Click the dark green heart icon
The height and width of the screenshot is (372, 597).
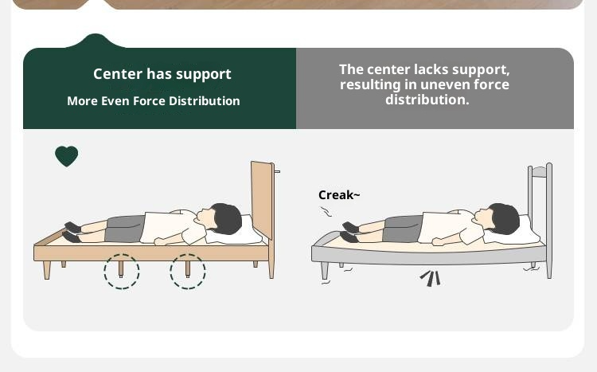[67, 156]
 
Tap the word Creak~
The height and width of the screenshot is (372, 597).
[339, 195]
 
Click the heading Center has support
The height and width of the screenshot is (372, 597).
[162, 74]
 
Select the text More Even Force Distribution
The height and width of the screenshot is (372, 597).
[154, 101]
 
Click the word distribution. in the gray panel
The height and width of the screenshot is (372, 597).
[427, 100]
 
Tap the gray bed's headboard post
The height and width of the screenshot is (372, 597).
[549, 221]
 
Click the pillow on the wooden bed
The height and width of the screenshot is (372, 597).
[236, 233]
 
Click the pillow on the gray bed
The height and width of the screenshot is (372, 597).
[514, 233]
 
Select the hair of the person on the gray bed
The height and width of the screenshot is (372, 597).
[504, 218]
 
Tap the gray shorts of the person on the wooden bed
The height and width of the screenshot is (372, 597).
[124, 229]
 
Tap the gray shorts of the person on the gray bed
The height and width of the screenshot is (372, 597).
[403, 229]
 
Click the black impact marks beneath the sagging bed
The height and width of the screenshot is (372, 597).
[431, 278]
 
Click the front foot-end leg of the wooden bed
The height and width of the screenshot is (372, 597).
[46, 270]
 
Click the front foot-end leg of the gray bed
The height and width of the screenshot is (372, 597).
[325, 270]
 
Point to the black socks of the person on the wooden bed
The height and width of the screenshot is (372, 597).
[72, 232]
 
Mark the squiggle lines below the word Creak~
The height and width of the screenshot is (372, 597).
[326, 212]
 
